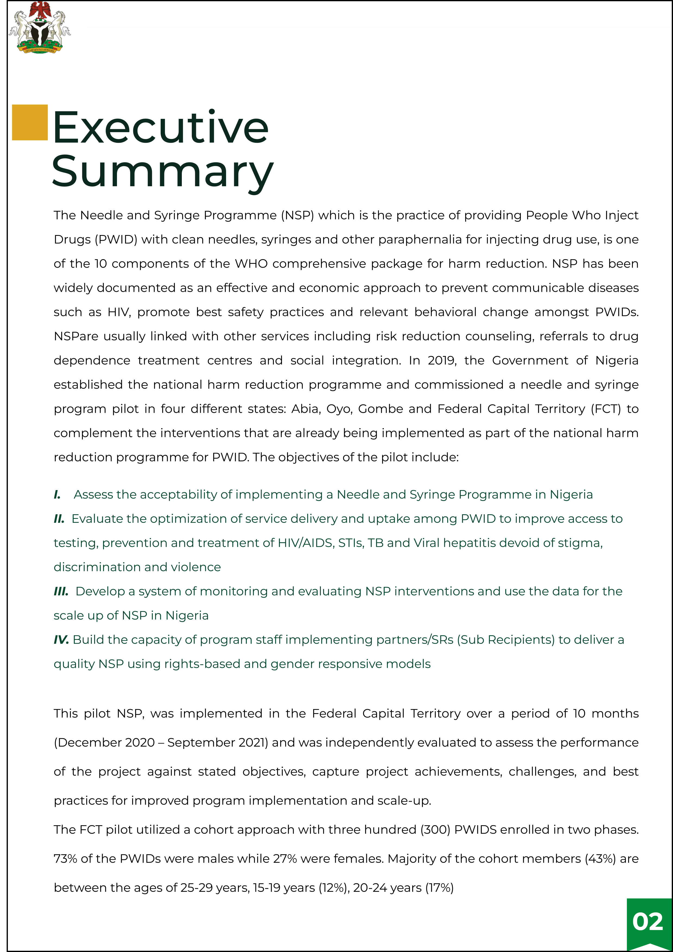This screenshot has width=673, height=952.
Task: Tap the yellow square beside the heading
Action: tap(30, 122)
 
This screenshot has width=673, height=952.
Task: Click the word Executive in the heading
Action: tap(160, 127)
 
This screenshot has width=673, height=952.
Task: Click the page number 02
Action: tap(647, 922)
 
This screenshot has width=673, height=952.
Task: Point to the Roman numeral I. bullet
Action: tap(57, 495)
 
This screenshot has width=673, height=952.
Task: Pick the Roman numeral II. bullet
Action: tap(59, 519)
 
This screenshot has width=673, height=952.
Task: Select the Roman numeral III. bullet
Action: tap(61, 591)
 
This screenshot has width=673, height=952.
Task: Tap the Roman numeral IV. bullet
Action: tap(61, 640)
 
